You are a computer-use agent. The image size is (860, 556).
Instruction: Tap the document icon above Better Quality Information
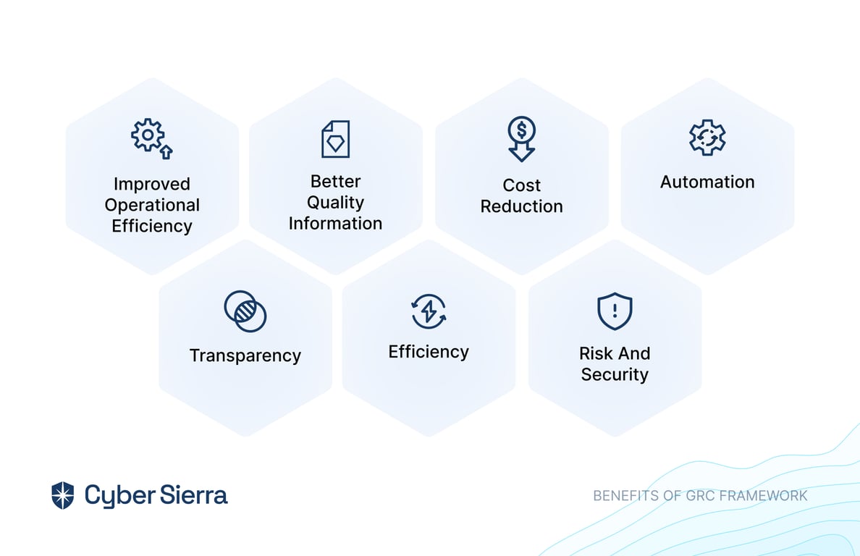coord(335,139)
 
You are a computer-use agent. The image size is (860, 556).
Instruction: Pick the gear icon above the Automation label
coord(707,138)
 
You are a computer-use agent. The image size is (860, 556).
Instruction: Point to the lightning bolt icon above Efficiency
coord(429,311)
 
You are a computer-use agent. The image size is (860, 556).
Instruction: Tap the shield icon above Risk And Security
coord(615,311)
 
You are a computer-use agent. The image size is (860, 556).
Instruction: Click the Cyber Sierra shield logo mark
coord(62,495)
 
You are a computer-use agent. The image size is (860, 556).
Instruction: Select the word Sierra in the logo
coord(194,495)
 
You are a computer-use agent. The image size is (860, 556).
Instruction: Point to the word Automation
coord(707,182)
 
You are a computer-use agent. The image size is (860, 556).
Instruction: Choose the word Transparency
coord(245,356)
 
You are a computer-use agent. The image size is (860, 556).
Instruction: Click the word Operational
coord(152,206)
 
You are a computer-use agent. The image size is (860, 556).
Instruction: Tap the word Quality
coord(335,203)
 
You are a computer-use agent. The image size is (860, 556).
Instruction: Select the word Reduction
coord(522,206)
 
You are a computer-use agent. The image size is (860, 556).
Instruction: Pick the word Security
coord(615,374)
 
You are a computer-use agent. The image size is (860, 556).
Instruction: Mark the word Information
coord(335,224)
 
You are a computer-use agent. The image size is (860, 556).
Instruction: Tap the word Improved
coord(152,184)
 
